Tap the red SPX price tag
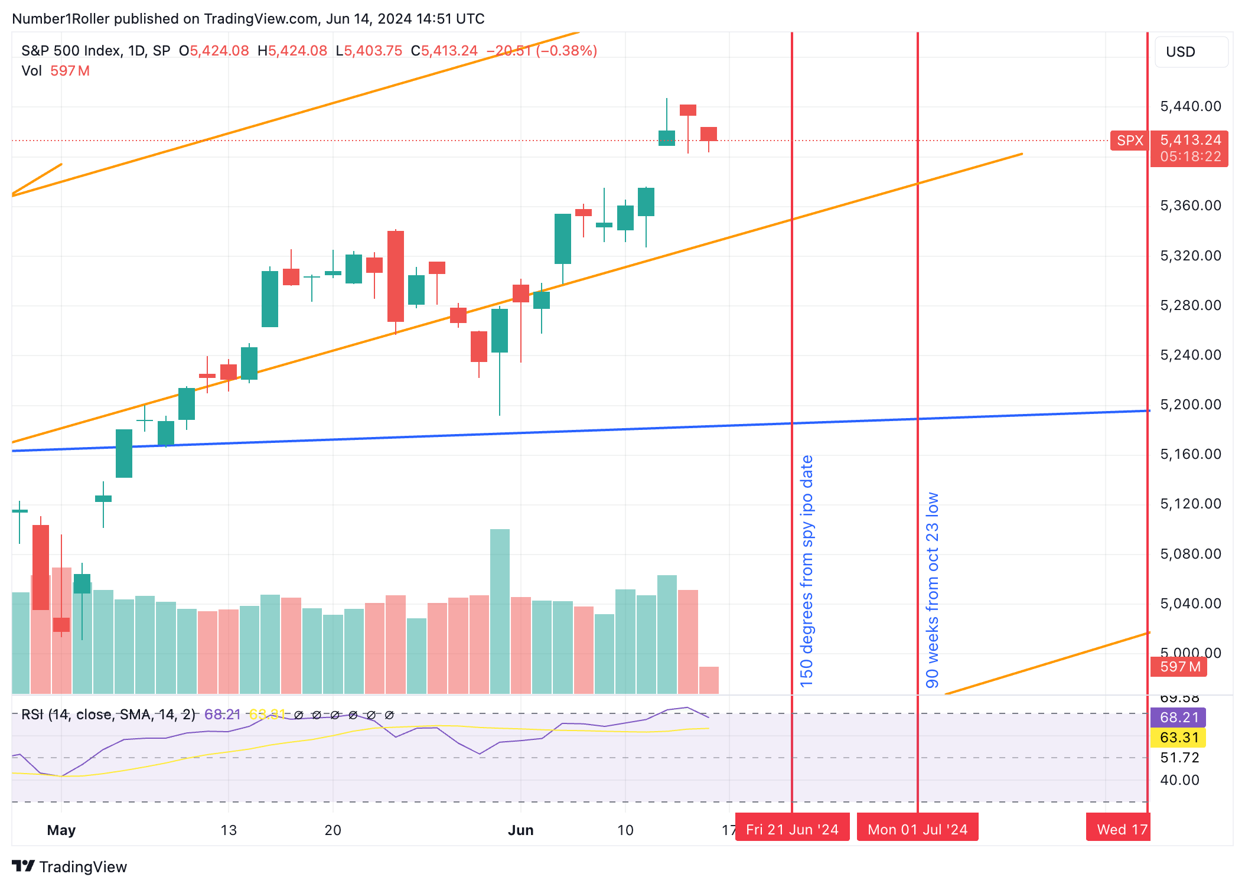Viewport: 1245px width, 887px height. point(1129,141)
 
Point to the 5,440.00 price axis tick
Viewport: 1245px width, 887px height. point(1190,106)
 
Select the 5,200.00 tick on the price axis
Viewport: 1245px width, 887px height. point(1190,405)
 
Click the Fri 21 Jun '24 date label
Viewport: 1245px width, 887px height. point(791,829)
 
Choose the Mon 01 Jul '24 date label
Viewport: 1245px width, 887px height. point(917,829)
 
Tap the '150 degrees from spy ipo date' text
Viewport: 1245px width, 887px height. point(807,571)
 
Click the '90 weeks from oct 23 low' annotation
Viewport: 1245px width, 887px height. point(932,590)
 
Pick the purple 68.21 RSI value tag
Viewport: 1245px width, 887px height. point(1179,718)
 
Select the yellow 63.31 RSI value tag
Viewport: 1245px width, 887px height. point(1179,738)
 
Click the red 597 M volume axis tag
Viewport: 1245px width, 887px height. point(1179,667)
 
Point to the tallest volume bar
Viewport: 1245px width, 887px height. point(500,611)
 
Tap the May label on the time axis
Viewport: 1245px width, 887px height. point(61,830)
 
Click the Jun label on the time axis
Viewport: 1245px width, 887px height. point(520,830)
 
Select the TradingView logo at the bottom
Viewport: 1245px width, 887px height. point(69,866)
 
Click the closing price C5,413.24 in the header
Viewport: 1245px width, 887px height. point(444,51)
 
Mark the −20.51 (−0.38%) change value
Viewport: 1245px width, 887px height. point(542,51)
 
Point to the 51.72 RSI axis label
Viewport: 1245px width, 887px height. point(1179,758)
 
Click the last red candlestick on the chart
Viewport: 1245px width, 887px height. point(709,134)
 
